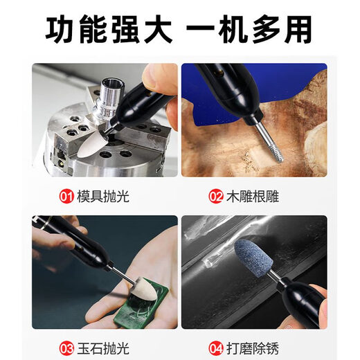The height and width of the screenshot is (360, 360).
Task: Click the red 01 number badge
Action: click(x=66, y=197)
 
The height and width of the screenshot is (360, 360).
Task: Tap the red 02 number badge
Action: click(x=216, y=197)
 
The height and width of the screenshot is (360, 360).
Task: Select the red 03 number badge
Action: click(x=66, y=348)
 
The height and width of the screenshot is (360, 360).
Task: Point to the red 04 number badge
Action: click(x=216, y=348)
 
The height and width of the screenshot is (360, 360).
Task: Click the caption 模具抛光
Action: click(x=103, y=197)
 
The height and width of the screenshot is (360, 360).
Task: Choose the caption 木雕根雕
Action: click(x=253, y=197)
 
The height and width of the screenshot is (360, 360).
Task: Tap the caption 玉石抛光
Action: click(x=103, y=348)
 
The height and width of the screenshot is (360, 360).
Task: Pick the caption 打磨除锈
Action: click(x=253, y=348)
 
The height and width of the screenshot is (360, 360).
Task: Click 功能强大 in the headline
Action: click(x=109, y=29)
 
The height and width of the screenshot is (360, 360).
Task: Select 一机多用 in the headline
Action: click(x=249, y=29)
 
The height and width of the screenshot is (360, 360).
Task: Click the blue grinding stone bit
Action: click(x=254, y=255)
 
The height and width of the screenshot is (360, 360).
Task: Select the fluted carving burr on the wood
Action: click(x=275, y=150)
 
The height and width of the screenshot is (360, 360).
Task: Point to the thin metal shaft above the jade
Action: click(x=122, y=274)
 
